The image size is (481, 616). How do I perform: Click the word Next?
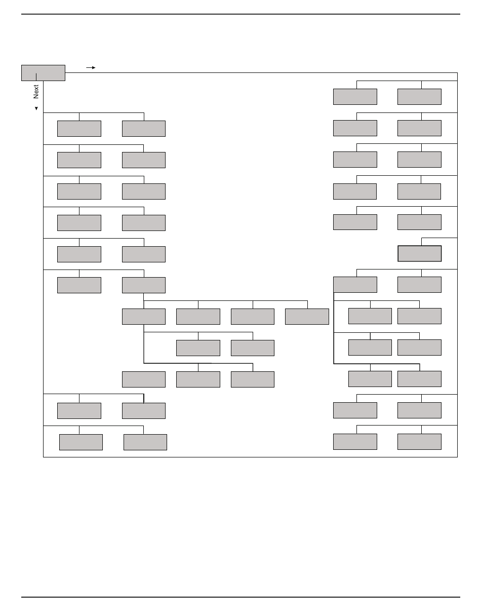click(x=36, y=92)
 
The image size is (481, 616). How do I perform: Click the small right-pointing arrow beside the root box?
click(x=91, y=67)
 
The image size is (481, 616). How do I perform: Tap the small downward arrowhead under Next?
click(x=36, y=108)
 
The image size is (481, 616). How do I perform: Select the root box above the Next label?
click(x=43, y=72)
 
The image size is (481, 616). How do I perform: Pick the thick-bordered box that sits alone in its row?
click(x=419, y=253)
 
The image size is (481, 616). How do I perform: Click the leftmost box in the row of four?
click(x=144, y=317)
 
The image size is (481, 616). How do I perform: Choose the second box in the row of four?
click(x=198, y=317)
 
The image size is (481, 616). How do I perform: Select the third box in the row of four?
click(x=253, y=317)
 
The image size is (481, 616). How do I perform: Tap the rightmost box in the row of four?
click(x=307, y=317)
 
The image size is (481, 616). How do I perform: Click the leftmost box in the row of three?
click(x=144, y=379)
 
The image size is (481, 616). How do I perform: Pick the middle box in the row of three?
click(x=198, y=379)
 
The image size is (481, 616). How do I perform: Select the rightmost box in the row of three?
click(x=253, y=379)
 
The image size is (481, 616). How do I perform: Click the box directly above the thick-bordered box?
click(x=419, y=222)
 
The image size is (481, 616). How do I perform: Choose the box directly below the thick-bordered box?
click(x=419, y=285)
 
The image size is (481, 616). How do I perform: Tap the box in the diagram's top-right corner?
click(x=419, y=96)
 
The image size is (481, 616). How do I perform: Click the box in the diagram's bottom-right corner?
click(x=419, y=442)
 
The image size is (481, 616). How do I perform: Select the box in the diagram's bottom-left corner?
click(x=81, y=442)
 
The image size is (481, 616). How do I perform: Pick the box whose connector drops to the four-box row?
click(x=144, y=285)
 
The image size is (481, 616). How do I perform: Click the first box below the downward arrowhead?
click(x=79, y=129)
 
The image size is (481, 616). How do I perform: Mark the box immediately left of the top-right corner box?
click(x=355, y=96)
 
